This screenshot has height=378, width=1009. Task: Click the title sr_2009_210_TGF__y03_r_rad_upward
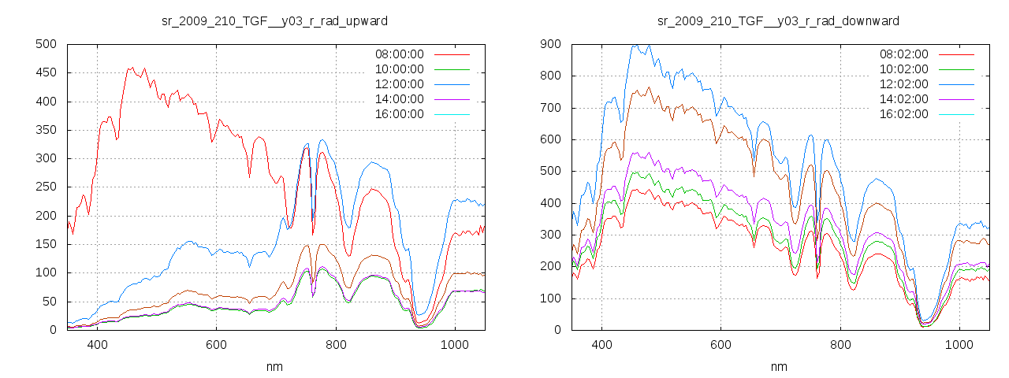[274, 20]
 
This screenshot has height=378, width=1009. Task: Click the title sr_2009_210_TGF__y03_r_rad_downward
[779, 20]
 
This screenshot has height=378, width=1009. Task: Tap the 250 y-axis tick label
[48, 187]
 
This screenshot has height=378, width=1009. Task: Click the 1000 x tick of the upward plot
[455, 345]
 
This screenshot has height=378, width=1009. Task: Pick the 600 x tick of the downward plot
[720, 345]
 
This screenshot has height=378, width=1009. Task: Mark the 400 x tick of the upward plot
[98, 345]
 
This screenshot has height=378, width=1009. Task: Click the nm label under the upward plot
[274, 367]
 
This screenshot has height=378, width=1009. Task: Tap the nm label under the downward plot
[779, 367]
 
